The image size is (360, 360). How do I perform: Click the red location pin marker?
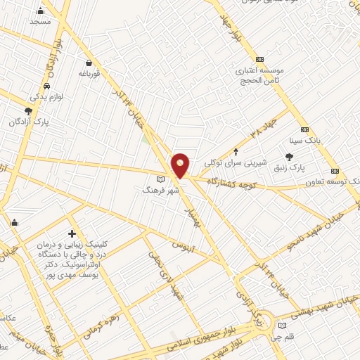tap(181, 165)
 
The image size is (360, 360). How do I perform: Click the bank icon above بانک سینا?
tap(304, 130)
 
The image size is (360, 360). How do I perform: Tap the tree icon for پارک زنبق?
tap(288, 157)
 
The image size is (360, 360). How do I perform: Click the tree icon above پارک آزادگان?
tap(28, 111)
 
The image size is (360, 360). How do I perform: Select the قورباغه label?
tap(91, 73)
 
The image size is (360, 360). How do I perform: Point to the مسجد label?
tap(40, 22)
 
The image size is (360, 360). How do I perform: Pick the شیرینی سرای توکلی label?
tap(232, 162)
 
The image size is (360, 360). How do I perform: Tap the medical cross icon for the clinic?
tap(72, 233)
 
